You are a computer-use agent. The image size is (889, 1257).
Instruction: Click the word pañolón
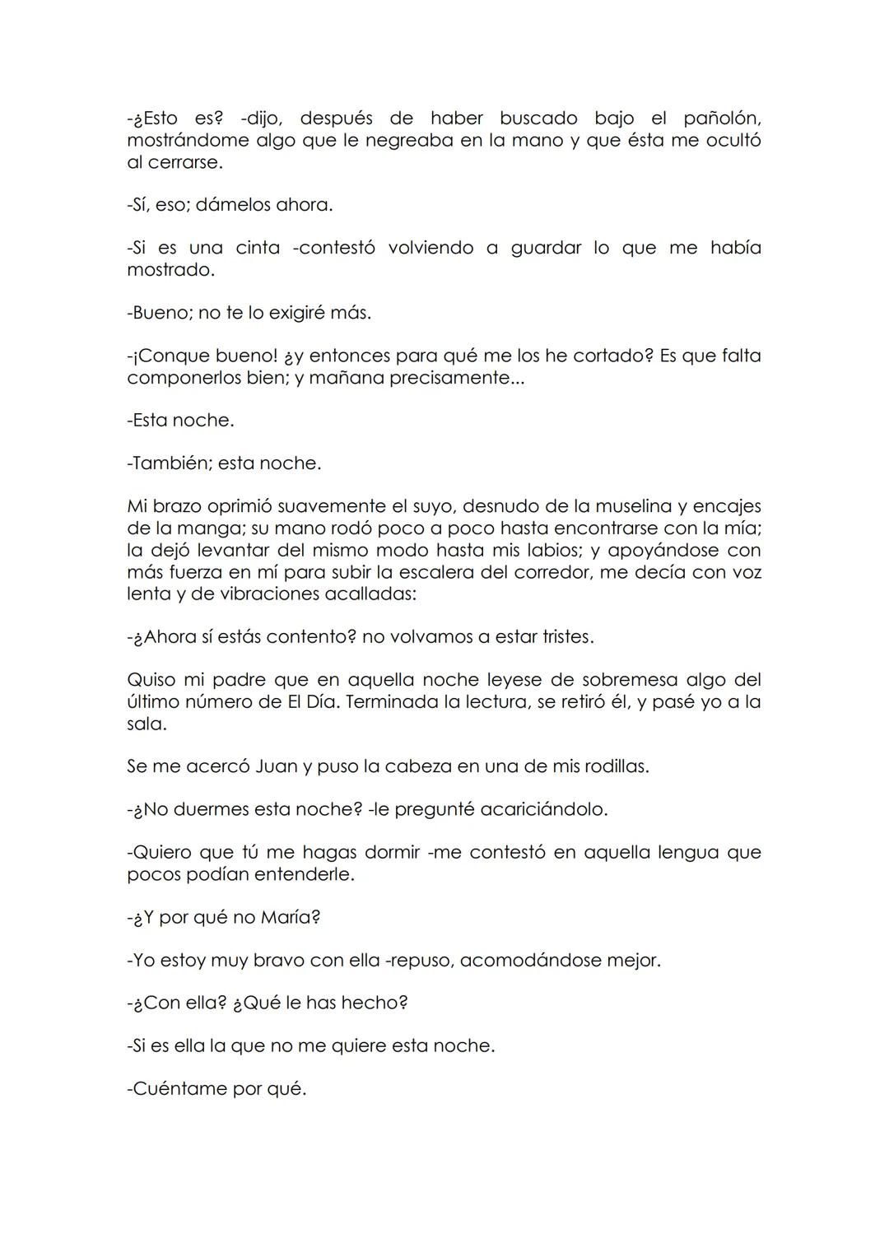click(x=721, y=119)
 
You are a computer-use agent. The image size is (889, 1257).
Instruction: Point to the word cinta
click(x=258, y=248)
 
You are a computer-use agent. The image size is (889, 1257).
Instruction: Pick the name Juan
click(x=277, y=766)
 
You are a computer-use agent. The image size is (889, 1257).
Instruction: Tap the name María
click(x=290, y=918)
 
